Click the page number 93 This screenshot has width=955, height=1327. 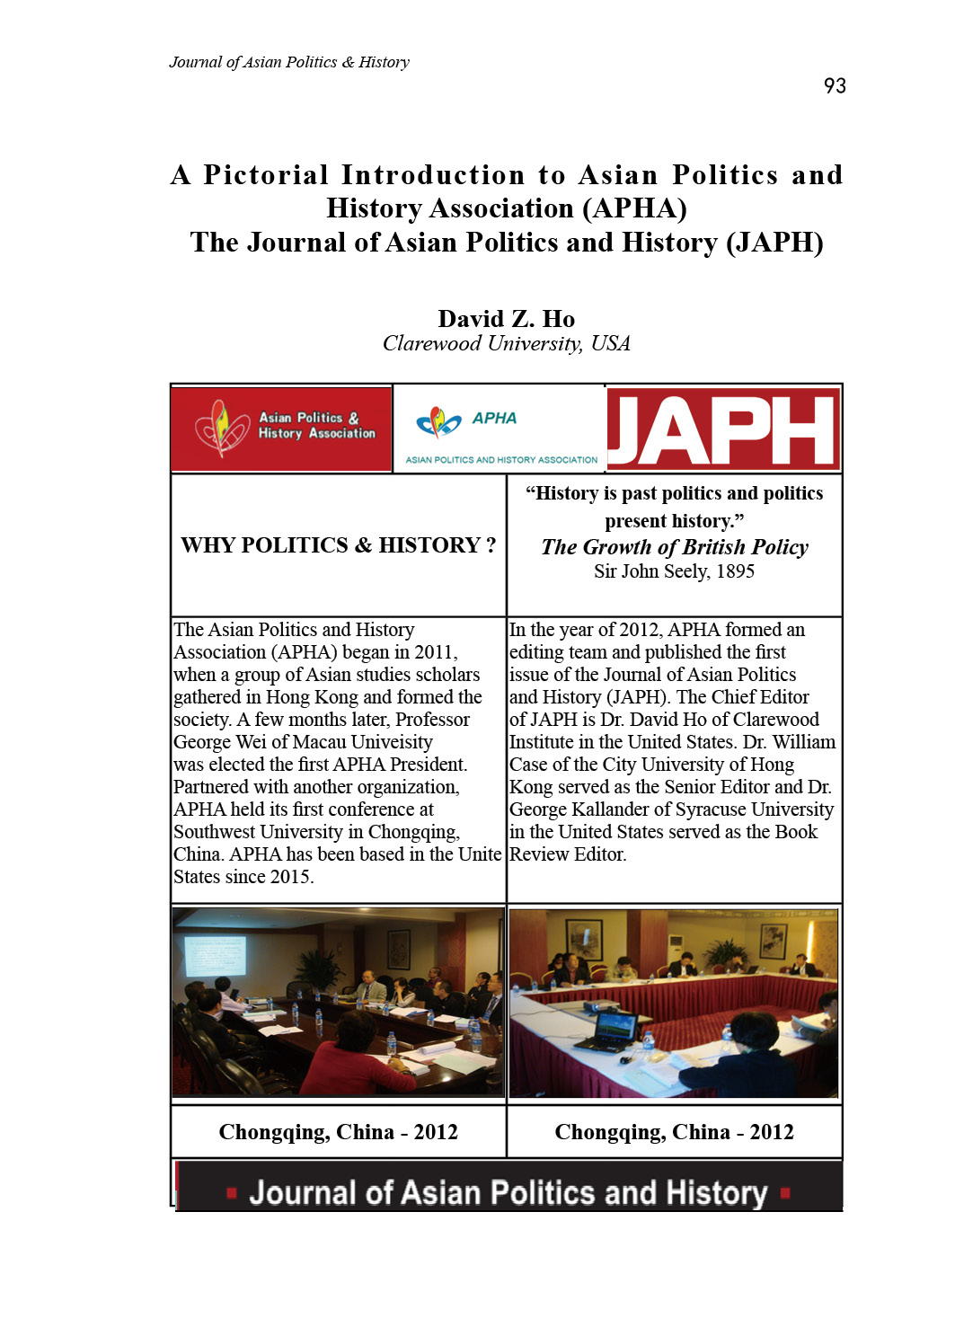coord(835,86)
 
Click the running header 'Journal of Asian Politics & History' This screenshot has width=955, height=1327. coord(289,62)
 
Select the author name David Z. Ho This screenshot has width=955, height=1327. coord(506,319)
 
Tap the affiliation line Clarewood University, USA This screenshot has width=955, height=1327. coord(506,344)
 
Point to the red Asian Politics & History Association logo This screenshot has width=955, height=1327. coord(281,429)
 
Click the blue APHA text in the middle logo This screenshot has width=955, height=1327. coord(494,418)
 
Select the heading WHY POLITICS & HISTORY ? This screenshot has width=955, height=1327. coord(338,545)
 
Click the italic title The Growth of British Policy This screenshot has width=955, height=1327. coord(675,547)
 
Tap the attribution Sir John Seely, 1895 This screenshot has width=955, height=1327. coord(674,571)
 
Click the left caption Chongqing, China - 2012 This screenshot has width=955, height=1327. coord(338,1132)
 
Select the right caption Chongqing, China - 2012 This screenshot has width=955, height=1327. coord(674,1132)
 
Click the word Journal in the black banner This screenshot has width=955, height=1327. coord(305,1193)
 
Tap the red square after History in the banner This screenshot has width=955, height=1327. coord(785,1193)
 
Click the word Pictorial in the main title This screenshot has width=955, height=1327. coord(266,175)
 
